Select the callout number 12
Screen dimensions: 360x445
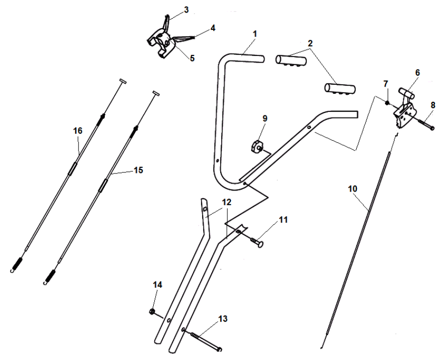[227, 202]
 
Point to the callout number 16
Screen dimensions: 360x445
[78, 131]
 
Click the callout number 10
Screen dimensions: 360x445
[353, 188]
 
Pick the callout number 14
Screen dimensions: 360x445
[158, 285]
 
